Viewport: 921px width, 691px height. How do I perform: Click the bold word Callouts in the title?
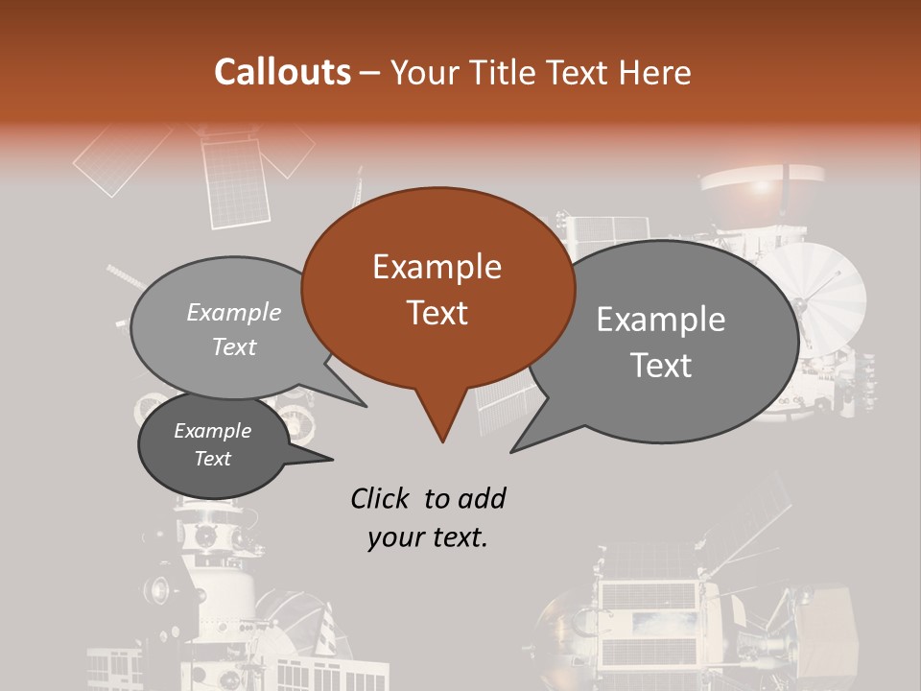(282, 72)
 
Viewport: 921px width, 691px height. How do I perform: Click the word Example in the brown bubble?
(437, 267)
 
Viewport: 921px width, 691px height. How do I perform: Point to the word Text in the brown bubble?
(437, 313)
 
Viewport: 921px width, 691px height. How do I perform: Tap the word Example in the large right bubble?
(661, 320)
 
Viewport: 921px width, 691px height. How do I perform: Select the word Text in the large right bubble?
(661, 365)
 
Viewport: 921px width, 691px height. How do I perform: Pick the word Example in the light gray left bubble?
(234, 312)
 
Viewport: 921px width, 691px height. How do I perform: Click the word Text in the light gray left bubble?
(234, 346)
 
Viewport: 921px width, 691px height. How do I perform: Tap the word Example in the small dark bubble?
(212, 431)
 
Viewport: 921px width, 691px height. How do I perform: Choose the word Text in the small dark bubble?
(212, 459)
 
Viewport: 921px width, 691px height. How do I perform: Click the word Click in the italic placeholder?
(381, 498)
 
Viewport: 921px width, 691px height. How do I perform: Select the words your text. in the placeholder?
(428, 537)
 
